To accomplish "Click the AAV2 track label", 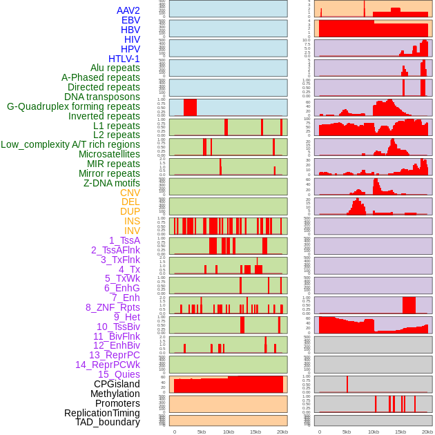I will [x=128, y=10].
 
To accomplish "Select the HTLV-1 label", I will [x=124, y=59].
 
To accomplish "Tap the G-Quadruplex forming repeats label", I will [x=73, y=106].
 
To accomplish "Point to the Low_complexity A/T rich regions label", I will [x=70, y=144].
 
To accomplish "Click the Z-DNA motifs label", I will [x=112, y=183].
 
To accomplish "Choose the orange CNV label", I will [x=130, y=193].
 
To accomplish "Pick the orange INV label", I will [x=132, y=231].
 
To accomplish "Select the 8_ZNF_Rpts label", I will [x=113, y=307].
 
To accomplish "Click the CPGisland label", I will [x=117, y=384].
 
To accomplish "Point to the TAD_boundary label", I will [x=108, y=422].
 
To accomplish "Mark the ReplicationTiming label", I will [x=101, y=413].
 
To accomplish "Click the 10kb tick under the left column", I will [x=228, y=432].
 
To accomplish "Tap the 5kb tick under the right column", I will [x=347, y=432].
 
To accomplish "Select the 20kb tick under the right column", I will [x=427, y=432].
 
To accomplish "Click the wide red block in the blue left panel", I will [x=190, y=108].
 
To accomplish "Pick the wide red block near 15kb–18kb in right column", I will [x=409, y=305].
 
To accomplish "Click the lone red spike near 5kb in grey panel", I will [x=347, y=384].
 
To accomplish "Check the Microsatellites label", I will [x=109, y=154].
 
